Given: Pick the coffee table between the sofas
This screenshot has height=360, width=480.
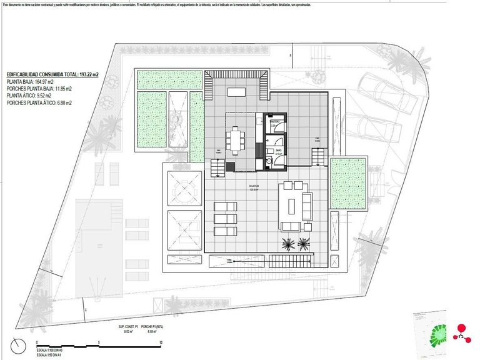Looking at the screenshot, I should [x=292, y=204].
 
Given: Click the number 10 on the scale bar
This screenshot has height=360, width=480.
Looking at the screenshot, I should [x=161, y=342].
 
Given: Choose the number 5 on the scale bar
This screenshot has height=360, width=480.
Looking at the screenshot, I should [x=99, y=342].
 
